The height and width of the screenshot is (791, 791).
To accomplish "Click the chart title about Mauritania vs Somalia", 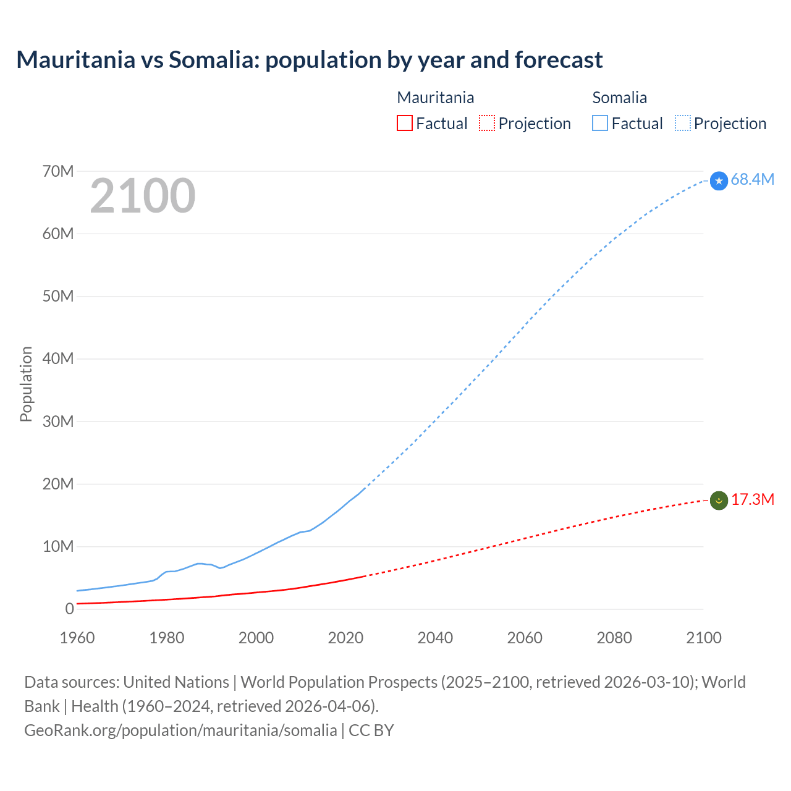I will tap(309, 60).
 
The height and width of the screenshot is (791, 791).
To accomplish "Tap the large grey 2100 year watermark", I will tap(143, 196).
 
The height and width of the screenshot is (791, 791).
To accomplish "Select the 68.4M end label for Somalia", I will tap(752, 179).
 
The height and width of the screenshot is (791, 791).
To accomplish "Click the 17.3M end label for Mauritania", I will tap(752, 499).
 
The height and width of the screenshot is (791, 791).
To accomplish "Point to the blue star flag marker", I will tap(719, 181).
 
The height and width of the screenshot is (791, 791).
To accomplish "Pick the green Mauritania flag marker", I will tap(719, 500).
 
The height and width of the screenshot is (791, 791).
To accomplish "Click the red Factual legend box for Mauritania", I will tap(405, 124).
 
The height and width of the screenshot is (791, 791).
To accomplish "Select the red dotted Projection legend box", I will tap(487, 124).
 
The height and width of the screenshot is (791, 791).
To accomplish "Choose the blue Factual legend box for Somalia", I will tap(600, 124).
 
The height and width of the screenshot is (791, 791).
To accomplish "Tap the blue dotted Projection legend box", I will tap(683, 124).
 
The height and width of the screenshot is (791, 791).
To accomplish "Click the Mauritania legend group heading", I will tap(435, 98).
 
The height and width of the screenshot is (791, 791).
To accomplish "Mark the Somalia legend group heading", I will tap(619, 98).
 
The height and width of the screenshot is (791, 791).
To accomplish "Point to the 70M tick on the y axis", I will tap(58, 171).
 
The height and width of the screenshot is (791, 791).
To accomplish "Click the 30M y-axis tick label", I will tap(58, 421).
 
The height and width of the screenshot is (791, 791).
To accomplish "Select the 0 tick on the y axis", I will tap(69, 609).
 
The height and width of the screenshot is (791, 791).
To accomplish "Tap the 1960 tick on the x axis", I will tap(77, 638).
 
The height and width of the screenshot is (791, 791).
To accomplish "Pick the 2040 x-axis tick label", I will tap(435, 638).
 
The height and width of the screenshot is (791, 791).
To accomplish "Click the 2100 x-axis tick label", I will tap(703, 638).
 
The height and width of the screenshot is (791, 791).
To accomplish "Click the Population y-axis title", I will tap(26, 384).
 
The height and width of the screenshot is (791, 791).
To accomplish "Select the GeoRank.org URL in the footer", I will tap(180, 730).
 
